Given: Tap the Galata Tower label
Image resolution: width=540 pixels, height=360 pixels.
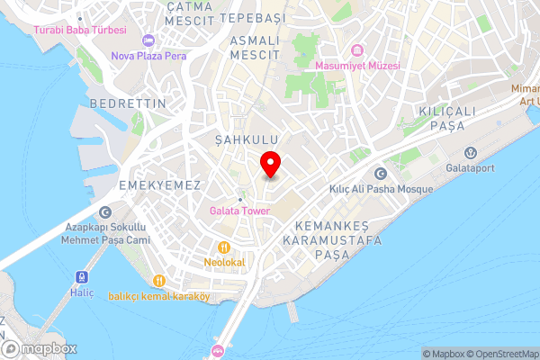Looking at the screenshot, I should [240, 211].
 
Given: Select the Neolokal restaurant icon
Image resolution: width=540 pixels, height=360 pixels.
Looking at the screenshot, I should [222, 247].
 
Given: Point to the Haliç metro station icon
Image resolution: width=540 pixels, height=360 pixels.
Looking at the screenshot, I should [80, 278].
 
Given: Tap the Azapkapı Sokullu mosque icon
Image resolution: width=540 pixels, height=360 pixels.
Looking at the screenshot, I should [106, 212].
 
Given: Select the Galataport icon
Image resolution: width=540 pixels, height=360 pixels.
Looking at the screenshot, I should [469, 152].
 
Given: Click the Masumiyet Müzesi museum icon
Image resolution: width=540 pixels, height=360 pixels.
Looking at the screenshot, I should [356, 49].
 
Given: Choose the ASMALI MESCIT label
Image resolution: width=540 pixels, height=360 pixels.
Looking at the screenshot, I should [256, 48].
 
